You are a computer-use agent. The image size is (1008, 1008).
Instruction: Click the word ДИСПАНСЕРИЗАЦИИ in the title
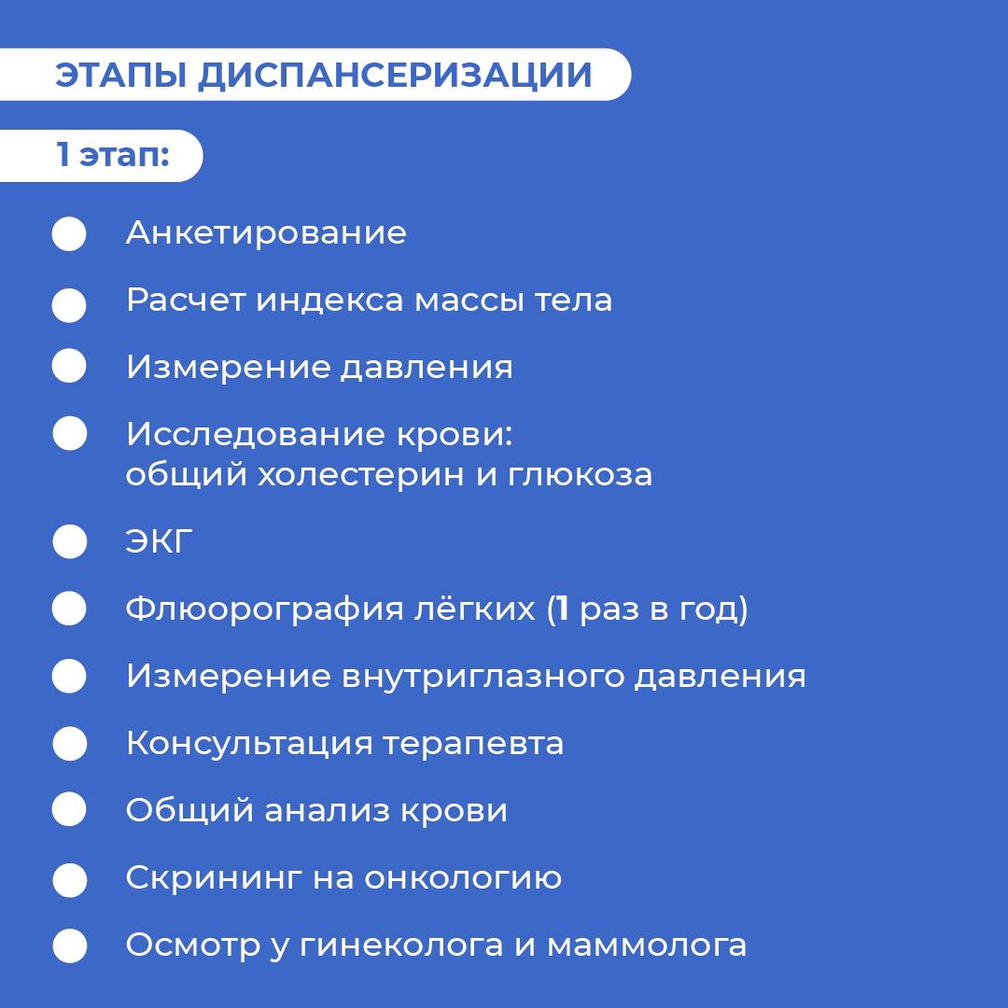tap(395, 76)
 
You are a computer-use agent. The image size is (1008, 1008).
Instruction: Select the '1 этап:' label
tap(113, 155)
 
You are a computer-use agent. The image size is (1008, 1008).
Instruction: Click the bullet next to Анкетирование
tap(69, 233)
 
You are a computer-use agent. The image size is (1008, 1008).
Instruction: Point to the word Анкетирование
tap(266, 232)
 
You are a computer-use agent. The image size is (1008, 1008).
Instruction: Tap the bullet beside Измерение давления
tap(69, 366)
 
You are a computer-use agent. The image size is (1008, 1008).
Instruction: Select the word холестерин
tap(361, 475)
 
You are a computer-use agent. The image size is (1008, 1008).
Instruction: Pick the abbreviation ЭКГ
tap(159, 541)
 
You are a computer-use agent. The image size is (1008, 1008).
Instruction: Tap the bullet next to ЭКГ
tap(69, 541)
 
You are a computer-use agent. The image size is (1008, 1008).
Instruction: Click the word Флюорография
tap(264, 609)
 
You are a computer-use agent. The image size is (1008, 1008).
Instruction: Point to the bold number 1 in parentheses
tap(563, 609)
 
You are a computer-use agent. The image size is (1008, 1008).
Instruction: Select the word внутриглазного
tap(483, 677)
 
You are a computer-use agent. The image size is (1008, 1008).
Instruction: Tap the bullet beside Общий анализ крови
tap(69, 808)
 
